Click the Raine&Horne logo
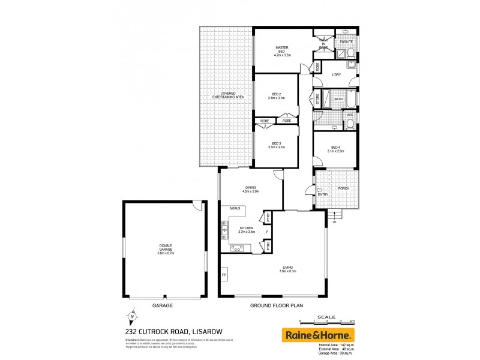click(318, 335)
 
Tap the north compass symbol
click(131, 318)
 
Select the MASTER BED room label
click(283, 51)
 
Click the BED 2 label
click(276, 96)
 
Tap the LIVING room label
click(287, 269)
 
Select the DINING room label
click(250, 189)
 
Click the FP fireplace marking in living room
click(224, 275)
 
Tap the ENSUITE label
click(346, 41)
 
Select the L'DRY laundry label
click(337, 74)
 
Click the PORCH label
click(344, 188)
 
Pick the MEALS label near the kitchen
click(235, 208)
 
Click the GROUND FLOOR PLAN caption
click(277, 305)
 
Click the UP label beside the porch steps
click(334, 223)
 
